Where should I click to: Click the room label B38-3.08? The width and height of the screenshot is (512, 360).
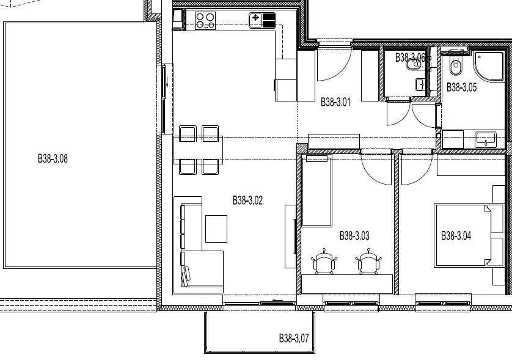coord(53,159)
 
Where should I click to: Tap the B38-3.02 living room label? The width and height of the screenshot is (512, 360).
coord(247,200)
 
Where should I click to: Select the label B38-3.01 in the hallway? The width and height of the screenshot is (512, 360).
coord(335,102)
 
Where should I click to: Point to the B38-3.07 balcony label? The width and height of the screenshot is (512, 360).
coord(294,338)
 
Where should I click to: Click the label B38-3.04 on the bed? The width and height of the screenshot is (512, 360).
coord(456,235)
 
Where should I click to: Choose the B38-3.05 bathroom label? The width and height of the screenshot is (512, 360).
coord(461,87)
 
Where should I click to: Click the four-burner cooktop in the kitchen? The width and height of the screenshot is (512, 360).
coord(205,21)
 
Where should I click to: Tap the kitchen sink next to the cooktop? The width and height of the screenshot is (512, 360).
coord(262,21)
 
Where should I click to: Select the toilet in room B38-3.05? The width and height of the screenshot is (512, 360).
coord(455,65)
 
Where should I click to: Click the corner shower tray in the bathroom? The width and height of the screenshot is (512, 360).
coord(488,66)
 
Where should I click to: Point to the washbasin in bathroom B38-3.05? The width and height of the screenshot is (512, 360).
coord(486,139)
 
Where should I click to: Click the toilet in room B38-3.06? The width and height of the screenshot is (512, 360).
coord(414,65)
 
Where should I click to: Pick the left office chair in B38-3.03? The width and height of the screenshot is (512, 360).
coord(324,262)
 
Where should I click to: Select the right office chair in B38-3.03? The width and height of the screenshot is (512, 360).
coord(368,262)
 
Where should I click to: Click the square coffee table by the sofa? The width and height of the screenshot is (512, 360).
coord(216,229)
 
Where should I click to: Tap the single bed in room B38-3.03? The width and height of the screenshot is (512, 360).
coord(316,191)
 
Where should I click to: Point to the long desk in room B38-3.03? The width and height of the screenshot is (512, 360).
coord(347,284)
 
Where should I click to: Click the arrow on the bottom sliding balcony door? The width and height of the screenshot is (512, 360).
coord(277,300)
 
